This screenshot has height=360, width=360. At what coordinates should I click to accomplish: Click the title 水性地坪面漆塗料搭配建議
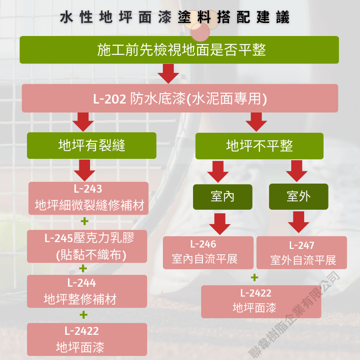[x=175, y=18]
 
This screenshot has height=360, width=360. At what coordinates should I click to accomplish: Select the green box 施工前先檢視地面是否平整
[x=179, y=49]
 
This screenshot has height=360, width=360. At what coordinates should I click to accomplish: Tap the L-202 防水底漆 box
[x=180, y=98]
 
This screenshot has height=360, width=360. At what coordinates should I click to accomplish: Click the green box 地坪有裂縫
[x=91, y=145]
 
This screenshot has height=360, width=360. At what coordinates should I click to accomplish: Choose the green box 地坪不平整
[x=259, y=145]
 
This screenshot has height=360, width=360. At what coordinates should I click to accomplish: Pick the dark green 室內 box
[x=222, y=197]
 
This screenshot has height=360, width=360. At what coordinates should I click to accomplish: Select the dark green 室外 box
[x=298, y=197]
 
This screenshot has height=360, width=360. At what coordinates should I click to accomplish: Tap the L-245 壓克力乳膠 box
[x=87, y=246]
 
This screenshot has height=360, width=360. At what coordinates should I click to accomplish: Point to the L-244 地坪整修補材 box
[x=87, y=291]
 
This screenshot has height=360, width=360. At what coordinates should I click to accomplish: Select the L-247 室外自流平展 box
[x=302, y=252]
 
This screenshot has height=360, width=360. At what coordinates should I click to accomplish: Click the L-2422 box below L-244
[x=87, y=339]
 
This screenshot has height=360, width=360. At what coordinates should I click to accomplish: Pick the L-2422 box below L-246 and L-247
[x=261, y=301]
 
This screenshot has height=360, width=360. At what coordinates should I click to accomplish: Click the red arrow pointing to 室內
[x=218, y=171]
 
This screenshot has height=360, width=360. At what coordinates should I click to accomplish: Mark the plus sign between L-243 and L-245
[x=84, y=221]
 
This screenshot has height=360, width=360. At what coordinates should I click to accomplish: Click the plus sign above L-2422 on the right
[x=255, y=277]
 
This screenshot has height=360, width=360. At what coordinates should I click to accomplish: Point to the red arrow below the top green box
[x=168, y=73]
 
